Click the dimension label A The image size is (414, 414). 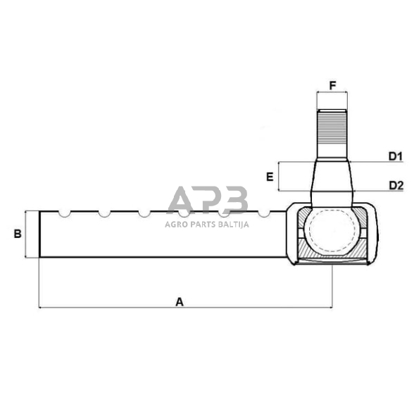click(x=180, y=301)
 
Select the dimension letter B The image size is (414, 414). click(x=18, y=234)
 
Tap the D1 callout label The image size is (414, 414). click(x=394, y=156)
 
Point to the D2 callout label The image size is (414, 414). click(x=394, y=185)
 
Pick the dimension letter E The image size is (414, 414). click(x=270, y=177)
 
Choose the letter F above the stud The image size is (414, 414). click(x=332, y=86)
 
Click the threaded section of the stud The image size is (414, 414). click(x=332, y=134)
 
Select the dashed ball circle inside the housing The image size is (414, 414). click(x=331, y=232)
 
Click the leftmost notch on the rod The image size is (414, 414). click(x=64, y=213)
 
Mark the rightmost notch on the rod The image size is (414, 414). click(x=264, y=213)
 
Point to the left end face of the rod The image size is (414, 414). click(x=39, y=234)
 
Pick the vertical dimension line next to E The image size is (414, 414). click(x=280, y=176)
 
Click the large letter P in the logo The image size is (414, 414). click(x=207, y=200)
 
